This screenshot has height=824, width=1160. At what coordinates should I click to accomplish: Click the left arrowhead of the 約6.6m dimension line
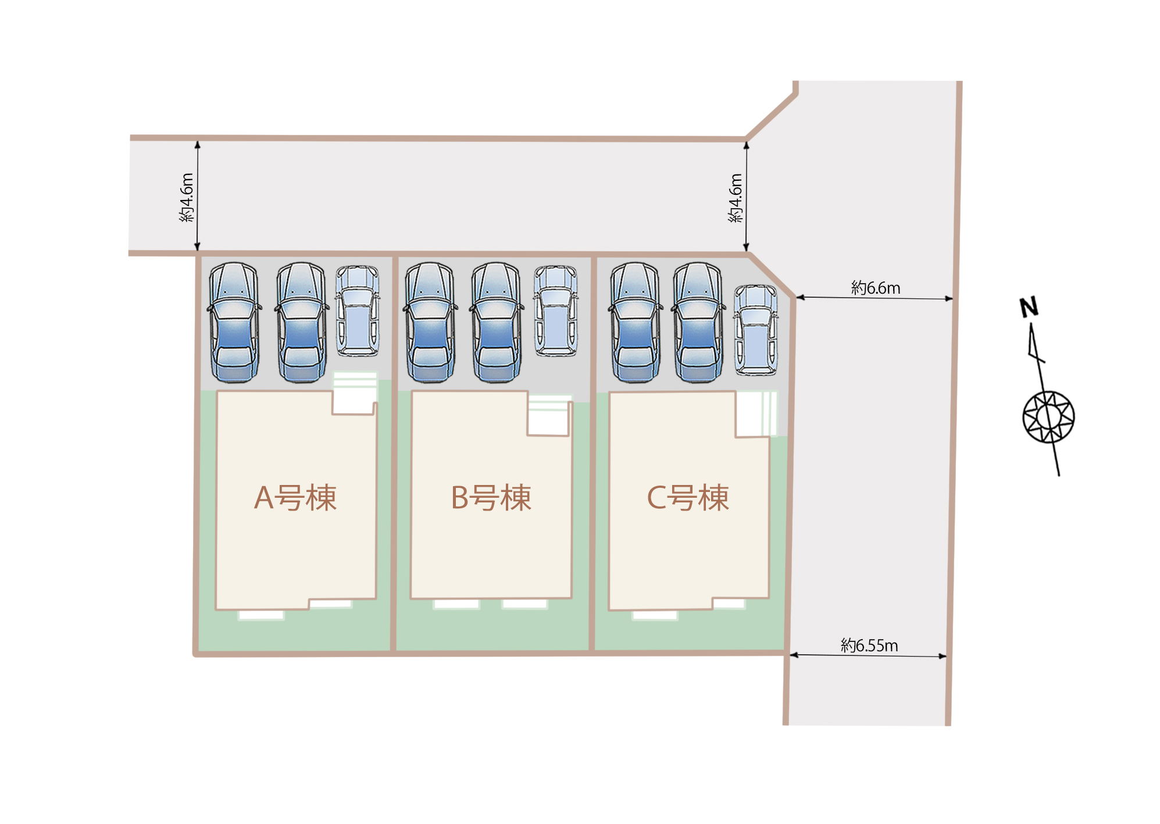point(799,297)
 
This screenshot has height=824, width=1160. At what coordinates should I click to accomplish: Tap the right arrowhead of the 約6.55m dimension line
point(943,656)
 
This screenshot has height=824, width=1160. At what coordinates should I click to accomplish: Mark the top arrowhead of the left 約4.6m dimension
point(197,144)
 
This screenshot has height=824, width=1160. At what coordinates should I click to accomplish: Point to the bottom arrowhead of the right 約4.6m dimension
point(746,247)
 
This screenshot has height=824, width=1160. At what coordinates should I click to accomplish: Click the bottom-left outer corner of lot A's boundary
point(195,654)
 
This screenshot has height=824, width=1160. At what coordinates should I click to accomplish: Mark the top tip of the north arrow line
point(1031,324)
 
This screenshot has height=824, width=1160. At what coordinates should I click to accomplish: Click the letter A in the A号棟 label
point(263,498)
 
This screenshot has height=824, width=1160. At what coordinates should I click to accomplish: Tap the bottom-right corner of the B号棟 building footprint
point(571,597)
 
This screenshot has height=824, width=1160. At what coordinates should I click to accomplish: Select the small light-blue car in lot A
point(357,311)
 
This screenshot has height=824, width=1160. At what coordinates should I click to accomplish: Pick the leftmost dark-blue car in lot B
point(430,322)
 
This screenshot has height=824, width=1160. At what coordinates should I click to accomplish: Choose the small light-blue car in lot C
point(755,330)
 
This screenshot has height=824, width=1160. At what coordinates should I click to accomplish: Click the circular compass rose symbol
point(1048,417)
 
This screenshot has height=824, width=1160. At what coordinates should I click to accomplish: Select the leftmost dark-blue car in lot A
point(234,322)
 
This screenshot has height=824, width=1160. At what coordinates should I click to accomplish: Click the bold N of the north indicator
point(1029,307)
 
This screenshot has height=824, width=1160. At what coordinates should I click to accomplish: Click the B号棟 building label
point(491,498)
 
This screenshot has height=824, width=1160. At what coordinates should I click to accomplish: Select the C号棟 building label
point(688,498)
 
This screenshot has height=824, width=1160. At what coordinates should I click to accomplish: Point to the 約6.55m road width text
point(869,645)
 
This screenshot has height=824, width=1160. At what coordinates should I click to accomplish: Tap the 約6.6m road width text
point(876,287)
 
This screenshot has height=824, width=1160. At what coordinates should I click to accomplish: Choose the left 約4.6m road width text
point(187,198)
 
